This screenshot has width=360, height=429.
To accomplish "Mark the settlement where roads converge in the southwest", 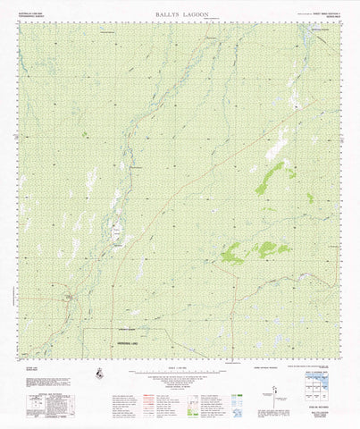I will click(67, 299).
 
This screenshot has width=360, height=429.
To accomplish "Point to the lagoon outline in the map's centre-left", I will click(116, 232).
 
